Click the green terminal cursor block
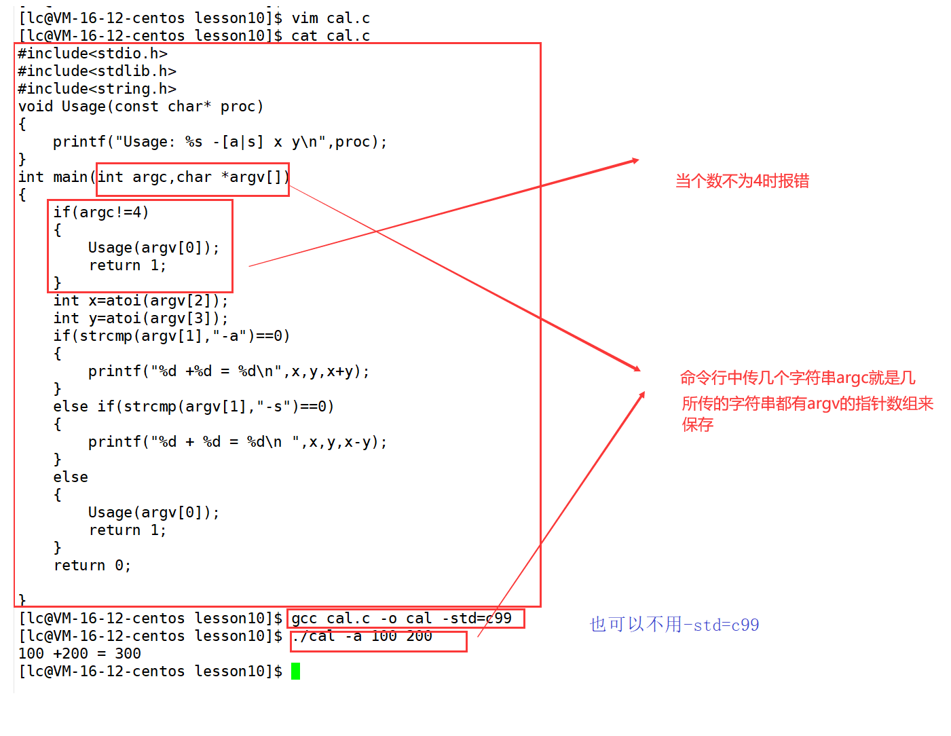click(x=295, y=671)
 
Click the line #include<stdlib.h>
click(x=97, y=71)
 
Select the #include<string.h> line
click(x=97, y=89)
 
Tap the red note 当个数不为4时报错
click(x=742, y=181)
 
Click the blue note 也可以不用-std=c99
click(x=674, y=625)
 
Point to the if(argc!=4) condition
click(x=101, y=213)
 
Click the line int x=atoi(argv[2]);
click(x=141, y=301)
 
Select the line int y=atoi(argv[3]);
click(x=141, y=318)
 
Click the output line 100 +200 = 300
click(x=79, y=653)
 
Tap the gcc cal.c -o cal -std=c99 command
click(x=401, y=618)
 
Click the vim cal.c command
click(x=331, y=18)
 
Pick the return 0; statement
click(x=92, y=566)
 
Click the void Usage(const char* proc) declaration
click(x=141, y=107)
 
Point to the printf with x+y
click(x=229, y=371)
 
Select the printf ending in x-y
click(x=238, y=441)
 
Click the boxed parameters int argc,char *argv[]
click(x=193, y=177)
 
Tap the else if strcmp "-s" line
click(x=193, y=407)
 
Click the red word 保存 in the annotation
click(x=698, y=424)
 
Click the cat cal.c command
click(x=331, y=35)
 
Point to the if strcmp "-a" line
click(x=172, y=335)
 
